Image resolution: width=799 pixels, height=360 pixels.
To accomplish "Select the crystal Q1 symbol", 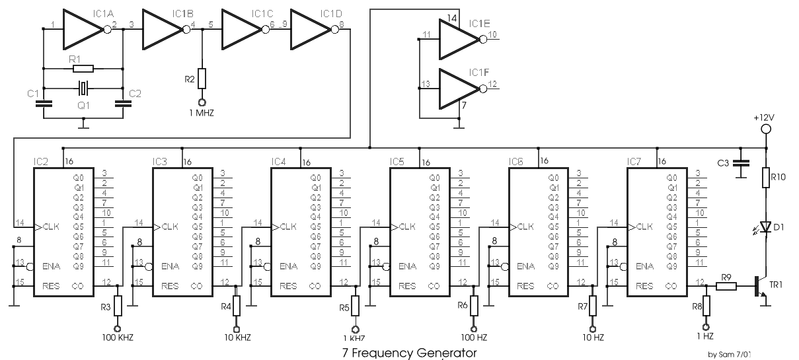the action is coord(83,89).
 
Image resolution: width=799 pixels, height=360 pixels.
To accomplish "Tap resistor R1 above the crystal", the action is coord(83,69).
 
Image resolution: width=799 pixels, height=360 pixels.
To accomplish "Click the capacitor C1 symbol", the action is coord(44,104).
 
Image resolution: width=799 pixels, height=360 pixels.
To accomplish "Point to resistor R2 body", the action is coord(202,79).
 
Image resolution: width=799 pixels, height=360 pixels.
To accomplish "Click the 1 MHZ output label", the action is coord(202,114).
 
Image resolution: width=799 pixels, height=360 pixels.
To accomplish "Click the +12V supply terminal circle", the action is coord(766,129).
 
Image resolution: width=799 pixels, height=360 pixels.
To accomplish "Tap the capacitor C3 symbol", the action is coord(741,163).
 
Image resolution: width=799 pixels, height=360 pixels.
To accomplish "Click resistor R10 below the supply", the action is coord(766,178).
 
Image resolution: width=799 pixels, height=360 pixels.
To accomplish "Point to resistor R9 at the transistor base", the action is coord(726,286).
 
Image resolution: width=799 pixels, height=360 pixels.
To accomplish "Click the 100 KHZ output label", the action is coord(118,338).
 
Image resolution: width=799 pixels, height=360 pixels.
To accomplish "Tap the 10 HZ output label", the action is coord(593,338).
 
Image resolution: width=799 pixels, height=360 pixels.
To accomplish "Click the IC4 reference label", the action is coord(278,162).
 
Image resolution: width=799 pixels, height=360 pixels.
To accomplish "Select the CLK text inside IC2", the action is coord(51,227).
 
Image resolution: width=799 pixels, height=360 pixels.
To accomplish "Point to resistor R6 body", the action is coord(474,305).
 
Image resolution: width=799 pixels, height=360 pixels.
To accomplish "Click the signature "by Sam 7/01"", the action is coord(729,354).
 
